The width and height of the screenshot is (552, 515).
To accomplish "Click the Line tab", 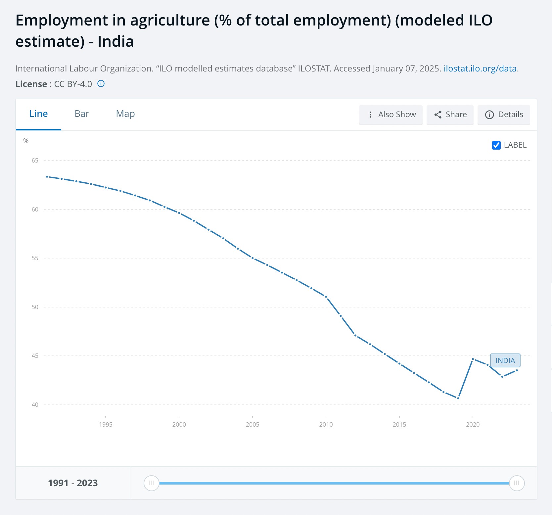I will pos(38,114).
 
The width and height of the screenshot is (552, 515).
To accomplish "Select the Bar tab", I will pos(82,114).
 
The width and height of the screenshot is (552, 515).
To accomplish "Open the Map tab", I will pos(125,114).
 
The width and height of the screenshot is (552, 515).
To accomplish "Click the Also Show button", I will pos(391,115).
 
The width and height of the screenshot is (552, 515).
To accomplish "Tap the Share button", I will pos(450,115).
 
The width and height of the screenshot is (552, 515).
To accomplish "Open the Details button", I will pos(504,115).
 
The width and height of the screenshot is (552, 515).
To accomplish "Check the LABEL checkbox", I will pos(496,145).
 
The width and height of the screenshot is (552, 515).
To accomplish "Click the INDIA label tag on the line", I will pos(505,360).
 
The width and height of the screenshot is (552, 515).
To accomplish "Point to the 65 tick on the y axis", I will pos(35,161).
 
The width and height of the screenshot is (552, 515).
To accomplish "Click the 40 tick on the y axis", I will pos(35,405).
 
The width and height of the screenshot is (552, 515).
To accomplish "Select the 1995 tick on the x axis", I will pos(106,424).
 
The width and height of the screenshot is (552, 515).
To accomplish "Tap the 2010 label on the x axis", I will pos(326,424).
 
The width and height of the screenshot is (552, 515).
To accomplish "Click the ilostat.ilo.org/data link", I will pos(480,69).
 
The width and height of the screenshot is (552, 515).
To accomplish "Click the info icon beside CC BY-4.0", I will pos(101,84).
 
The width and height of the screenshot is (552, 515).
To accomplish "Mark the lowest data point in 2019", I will pos(458,398).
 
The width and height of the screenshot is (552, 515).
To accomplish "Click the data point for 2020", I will pos(473,359).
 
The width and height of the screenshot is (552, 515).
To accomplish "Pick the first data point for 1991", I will pos(47,177).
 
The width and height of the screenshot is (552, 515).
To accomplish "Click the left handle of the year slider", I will pos(151,483).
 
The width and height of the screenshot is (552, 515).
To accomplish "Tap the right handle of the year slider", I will pos(517,483).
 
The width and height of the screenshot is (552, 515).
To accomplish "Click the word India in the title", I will pos(115,42).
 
